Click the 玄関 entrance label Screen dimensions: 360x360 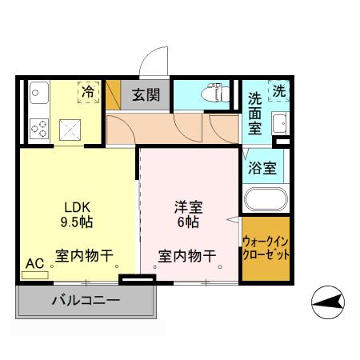[146, 95]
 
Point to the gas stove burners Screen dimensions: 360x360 [38, 125]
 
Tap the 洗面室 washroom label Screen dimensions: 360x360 [254, 113]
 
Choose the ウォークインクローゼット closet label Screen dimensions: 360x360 [266, 248]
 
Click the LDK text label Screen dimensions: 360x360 [68, 205]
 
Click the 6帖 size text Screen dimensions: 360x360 [188, 221]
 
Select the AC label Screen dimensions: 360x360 [34, 262]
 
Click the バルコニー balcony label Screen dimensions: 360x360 [86, 302]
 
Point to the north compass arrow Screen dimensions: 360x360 [330, 302]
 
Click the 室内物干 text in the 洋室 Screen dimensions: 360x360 [186, 257]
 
